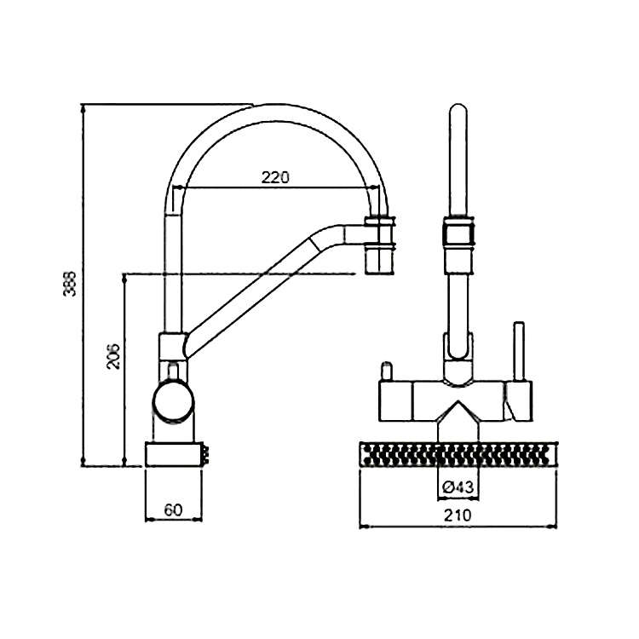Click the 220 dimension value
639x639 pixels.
[275, 177]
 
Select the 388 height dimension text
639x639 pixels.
[71, 286]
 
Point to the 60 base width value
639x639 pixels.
[173, 509]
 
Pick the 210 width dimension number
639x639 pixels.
[458, 515]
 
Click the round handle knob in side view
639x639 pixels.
[173, 400]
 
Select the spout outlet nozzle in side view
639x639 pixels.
[380, 258]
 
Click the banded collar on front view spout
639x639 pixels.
[458, 233]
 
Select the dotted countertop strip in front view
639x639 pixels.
[458, 453]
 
